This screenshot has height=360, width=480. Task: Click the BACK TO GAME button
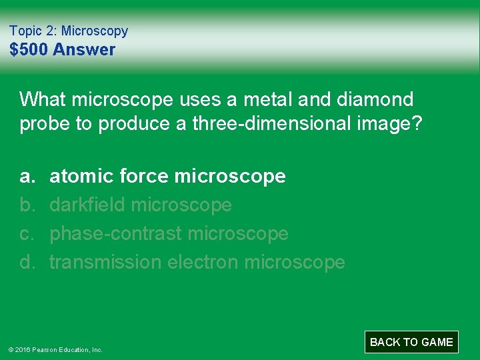[411, 342]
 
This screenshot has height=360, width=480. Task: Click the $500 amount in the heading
[29, 50]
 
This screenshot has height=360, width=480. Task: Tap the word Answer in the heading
[84, 50]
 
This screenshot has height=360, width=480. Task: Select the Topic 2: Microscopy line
[69, 31]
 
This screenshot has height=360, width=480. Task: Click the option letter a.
[27, 176]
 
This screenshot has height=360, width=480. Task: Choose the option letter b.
[27, 205]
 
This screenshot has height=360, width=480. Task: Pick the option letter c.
[27, 233]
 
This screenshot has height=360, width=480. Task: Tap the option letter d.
[27, 262]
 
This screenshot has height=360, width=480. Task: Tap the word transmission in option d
[105, 262]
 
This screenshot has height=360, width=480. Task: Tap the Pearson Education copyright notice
[55, 349]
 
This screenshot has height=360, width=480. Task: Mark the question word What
[43, 99]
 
